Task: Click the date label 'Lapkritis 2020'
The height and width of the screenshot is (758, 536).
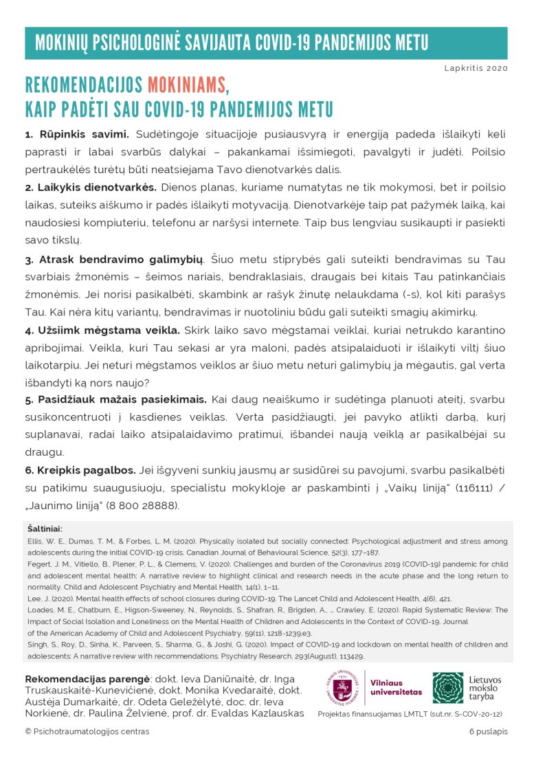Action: [476, 69]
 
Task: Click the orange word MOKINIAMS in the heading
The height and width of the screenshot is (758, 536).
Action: [186, 85]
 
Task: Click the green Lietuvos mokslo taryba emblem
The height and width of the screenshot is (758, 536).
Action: [448, 688]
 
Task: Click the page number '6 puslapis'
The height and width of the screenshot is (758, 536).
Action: [489, 732]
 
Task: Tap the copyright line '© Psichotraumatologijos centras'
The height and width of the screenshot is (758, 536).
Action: [87, 732]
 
